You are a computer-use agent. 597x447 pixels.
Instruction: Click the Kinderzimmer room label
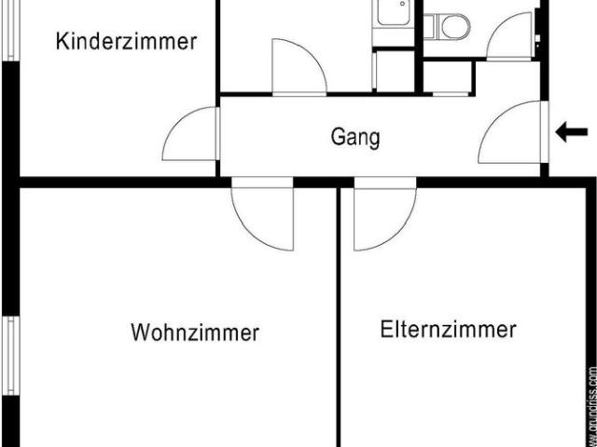(127, 42)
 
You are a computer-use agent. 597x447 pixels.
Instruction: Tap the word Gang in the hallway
(355, 138)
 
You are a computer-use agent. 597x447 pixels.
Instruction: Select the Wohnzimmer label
(195, 332)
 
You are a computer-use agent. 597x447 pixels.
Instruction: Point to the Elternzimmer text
(448, 329)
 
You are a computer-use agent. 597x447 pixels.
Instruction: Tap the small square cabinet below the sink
(393, 70)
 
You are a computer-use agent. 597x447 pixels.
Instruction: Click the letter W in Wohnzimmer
(140, 332)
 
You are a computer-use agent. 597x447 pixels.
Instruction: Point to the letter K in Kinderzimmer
(62, 42)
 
